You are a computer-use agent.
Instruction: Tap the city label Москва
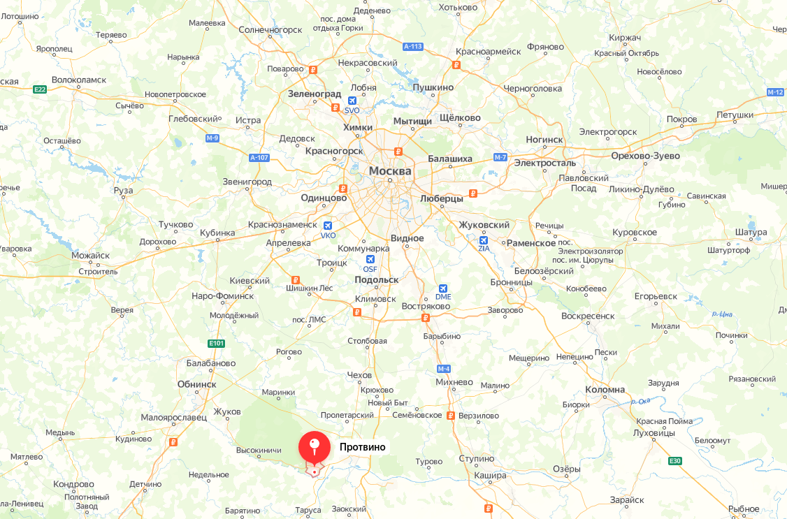pos(391,171)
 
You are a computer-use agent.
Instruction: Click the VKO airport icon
pos(328,226)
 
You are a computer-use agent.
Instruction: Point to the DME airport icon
pos(443,288)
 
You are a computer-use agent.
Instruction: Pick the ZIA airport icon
pos(484,240)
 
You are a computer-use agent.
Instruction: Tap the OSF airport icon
pos(370,260)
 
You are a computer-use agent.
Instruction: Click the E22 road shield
pos(40,89)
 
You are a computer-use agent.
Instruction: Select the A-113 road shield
pos(413,47)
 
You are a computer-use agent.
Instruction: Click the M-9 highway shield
pos(213,138)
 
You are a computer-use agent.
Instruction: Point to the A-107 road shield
pos(259,158)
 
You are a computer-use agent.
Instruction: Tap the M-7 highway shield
pos(500,157)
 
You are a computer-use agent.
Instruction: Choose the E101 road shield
pos(217,343)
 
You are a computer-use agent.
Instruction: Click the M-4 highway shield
pos(444,368)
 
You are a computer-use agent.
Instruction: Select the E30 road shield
pos(674,461)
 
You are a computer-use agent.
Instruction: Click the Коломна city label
pos(605,390)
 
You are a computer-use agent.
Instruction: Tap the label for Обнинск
pos(196,384)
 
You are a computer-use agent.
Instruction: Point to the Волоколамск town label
pos(79,80)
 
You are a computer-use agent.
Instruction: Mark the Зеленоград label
pos(315,94)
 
